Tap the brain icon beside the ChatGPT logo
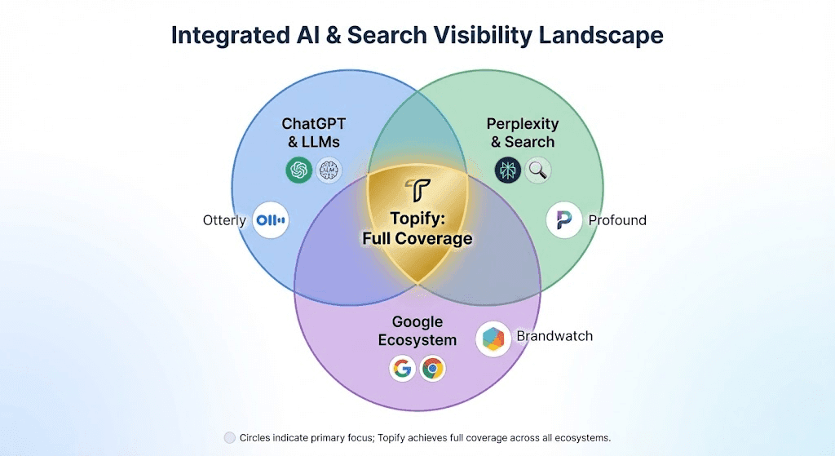pyautogui.click(x=329, y=170)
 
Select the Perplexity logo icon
pyautogui.click(x=507, y=170)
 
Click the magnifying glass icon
pyautogui.click(x=538, y=170)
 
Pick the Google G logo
pyautogui.click(x=401, y=369)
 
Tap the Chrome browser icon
pyautogui.click(x=432, y=369)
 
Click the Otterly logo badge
pyautogui.click(x=271, y=220)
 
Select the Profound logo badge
pyautogui.click(x=564, y=220)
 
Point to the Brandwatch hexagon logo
pyautogui.click(x=493, y=339)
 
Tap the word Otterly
pyautogui.click(x=224, y=220)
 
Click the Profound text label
pyautogui.click(x=617, y=220)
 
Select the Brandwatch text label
pyautogui.click(x=554, y=336)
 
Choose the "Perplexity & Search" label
pyautogui.click(x=523, y=133)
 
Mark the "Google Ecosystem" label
pyautogui.click(x=417, y=331)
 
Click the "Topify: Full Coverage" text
pyautogui.click(x=417, y=229)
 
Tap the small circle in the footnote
pyautogui.click(x=229, y=438)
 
